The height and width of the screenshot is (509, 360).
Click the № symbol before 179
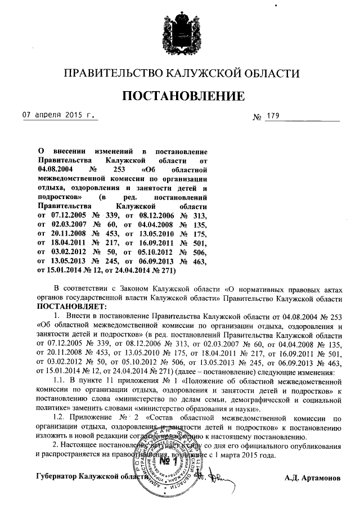(258, 118)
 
